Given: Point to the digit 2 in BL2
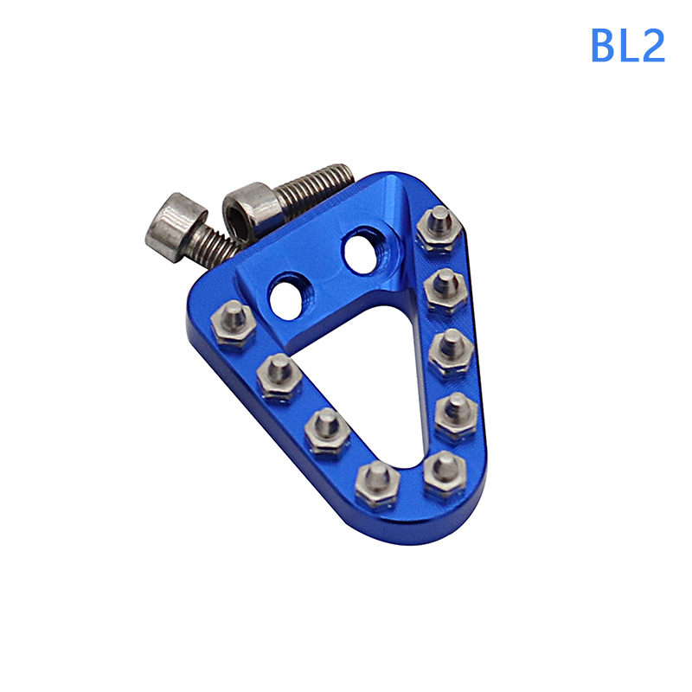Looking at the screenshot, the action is pos(652,45).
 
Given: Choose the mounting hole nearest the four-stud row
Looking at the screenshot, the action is pos(290,296).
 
